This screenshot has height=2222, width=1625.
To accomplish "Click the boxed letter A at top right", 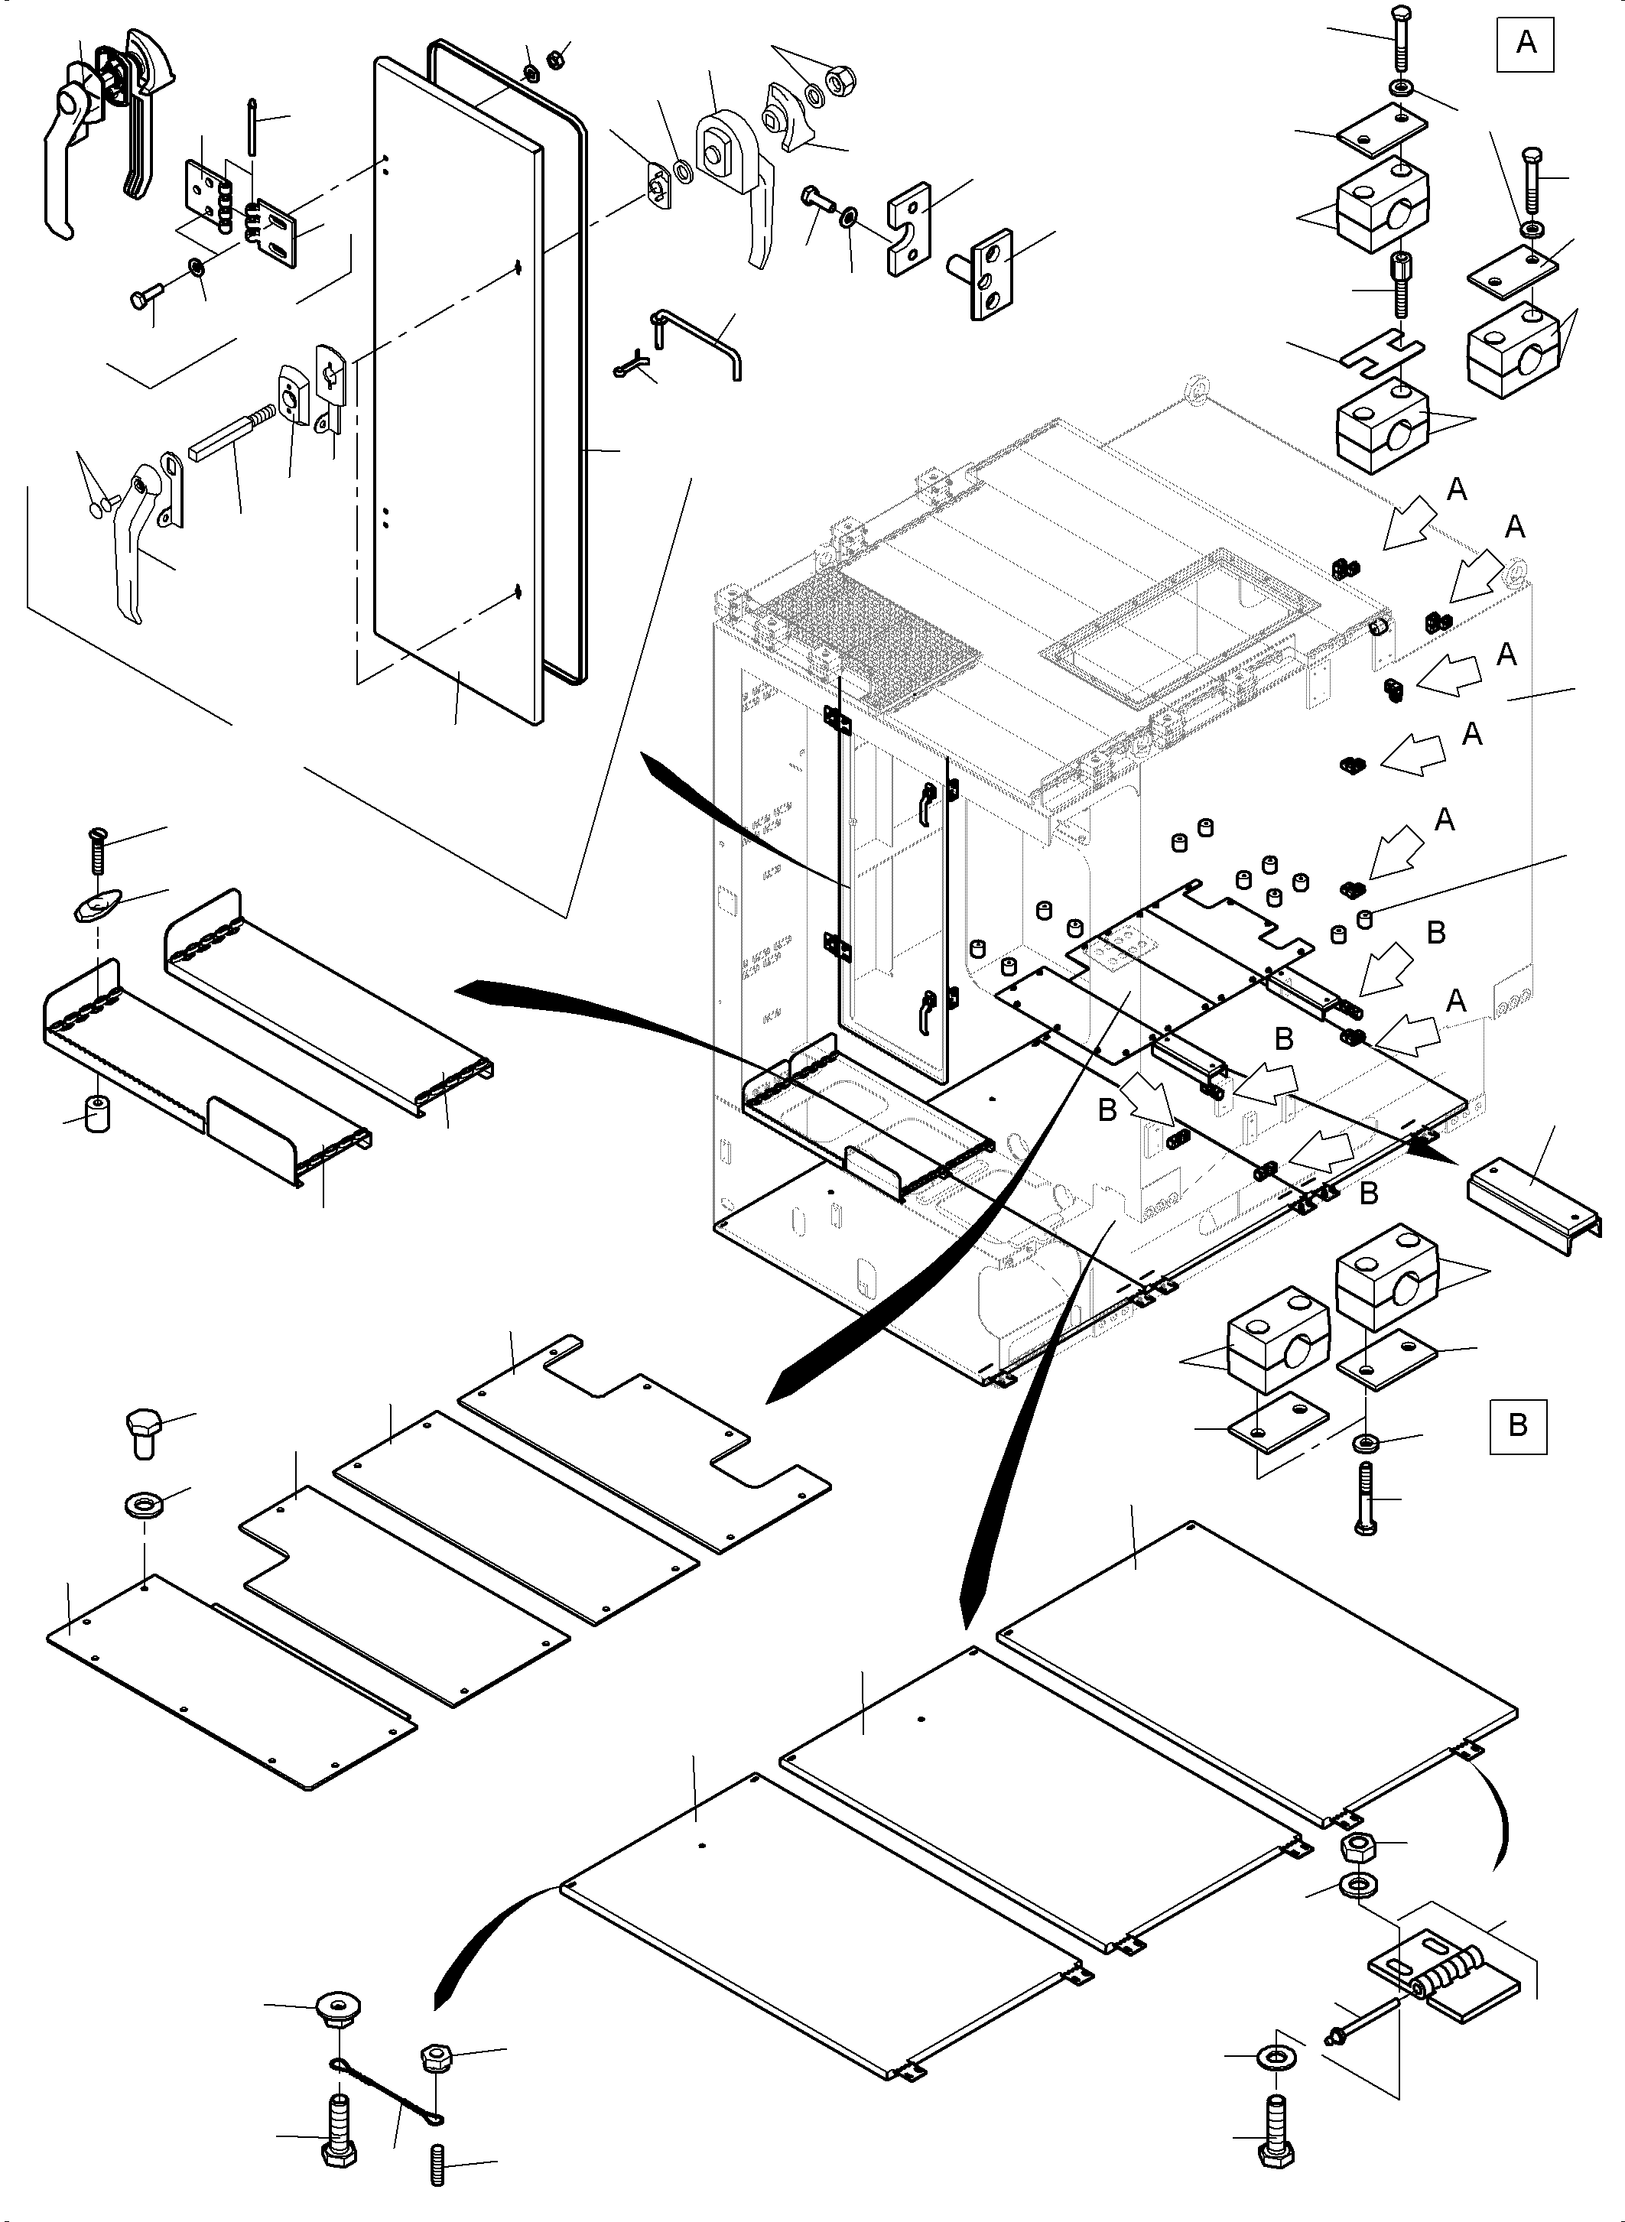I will (x=1525, y=44).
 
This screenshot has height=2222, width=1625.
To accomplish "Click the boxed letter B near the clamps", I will (x=1517, y=1424).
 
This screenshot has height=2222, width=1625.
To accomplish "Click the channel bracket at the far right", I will (x=1532, y=1194).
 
